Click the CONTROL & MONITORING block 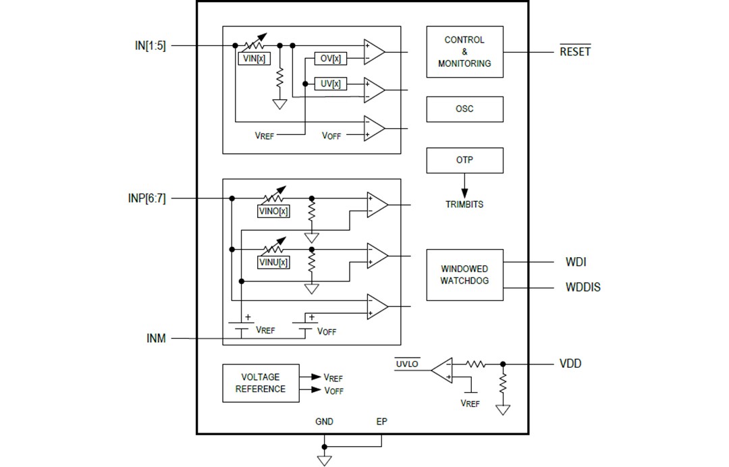464,52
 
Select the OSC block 464,109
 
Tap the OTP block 464,160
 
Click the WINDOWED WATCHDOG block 464,275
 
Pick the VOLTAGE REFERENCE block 261,383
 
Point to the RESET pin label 574,52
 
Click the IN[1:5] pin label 150,46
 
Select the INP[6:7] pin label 146,198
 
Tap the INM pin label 156,338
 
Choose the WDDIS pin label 583,287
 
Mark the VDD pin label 570,364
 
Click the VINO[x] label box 274,211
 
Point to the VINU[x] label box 274,262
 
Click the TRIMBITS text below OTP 464,204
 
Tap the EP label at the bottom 382,422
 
